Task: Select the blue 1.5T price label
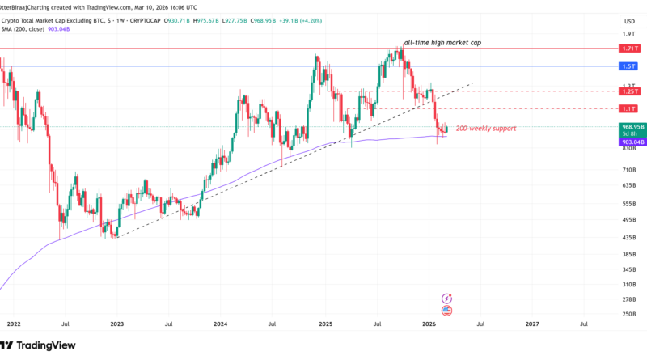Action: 627,66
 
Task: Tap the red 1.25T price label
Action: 627,91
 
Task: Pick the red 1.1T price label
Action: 627,108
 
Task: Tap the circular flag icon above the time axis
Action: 446,309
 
